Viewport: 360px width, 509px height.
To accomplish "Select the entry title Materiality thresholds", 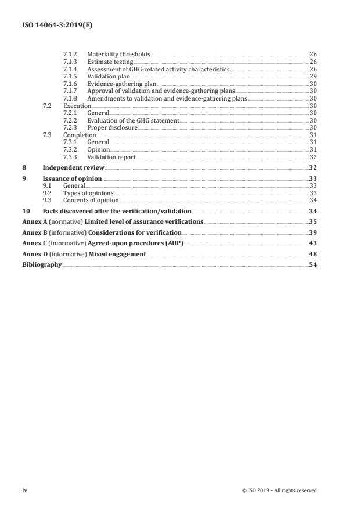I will point(118,54).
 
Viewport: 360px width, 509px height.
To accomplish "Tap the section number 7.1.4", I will point(70,69).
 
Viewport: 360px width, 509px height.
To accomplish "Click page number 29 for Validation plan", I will point(313,77).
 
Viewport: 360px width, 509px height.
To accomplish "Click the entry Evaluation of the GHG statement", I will point(133,120).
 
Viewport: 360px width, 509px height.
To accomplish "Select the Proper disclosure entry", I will point(112,128).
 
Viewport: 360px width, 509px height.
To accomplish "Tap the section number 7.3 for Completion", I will point(48,135).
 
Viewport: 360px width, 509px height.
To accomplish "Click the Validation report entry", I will point(111,157).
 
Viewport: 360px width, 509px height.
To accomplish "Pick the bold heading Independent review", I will point(73,167).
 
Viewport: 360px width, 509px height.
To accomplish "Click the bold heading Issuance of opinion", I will point(72,178).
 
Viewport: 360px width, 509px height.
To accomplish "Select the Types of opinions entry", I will point(88,193).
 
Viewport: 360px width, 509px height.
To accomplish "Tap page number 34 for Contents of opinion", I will point(313,200).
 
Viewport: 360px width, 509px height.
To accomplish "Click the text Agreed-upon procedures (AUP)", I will point(147,243).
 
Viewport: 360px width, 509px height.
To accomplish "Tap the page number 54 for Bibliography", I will point(313,264).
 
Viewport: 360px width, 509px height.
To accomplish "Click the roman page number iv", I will point(25,490).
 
